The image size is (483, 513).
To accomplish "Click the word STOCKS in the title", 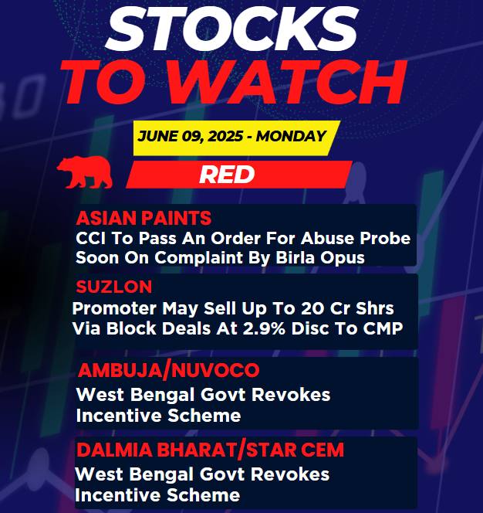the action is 233,29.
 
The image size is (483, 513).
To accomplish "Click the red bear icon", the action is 85,172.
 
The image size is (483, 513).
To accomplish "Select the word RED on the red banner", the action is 227,175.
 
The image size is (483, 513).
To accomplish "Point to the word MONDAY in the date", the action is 291,136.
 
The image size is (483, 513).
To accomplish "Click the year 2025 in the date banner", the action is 225,136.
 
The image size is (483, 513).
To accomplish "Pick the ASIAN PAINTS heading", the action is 144,218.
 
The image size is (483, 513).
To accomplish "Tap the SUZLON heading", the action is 114,287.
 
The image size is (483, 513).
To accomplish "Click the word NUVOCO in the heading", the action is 215,370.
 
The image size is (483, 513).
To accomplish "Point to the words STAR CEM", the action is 295,450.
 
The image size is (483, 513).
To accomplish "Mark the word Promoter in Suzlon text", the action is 114,308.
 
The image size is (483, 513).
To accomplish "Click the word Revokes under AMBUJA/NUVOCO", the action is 291,395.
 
